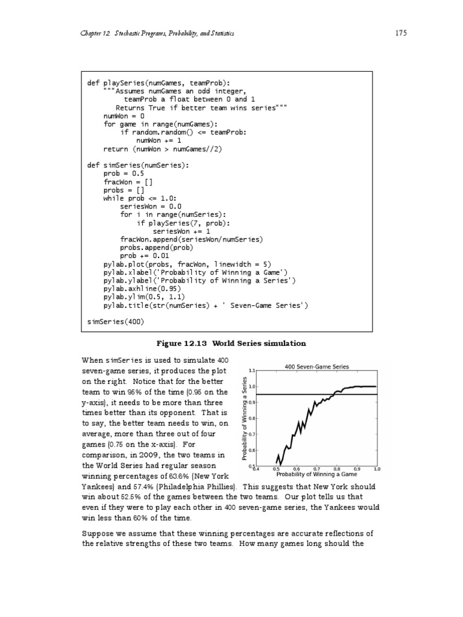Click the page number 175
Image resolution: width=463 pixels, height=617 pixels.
click(402, 33)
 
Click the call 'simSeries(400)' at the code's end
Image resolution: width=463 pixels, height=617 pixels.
click(116, 322)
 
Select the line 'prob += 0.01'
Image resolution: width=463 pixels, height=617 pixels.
click(140, 255)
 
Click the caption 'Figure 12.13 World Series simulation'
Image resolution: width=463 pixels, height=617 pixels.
click(231, 343)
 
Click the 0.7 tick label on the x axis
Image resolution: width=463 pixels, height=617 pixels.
click(317, 468)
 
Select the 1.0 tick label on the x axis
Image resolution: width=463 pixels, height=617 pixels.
click(377, 468)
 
